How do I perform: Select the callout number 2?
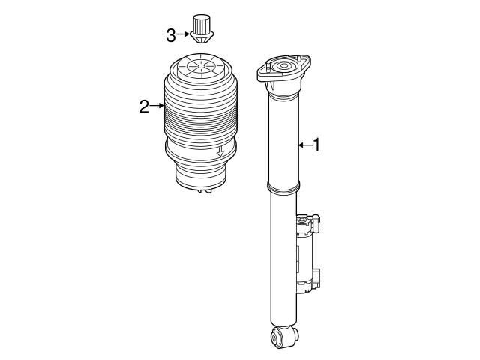144,106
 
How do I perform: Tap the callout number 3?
172,34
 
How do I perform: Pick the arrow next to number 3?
184,34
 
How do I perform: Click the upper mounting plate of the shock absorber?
284,72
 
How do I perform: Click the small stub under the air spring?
200,192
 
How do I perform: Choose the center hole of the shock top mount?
286,69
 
